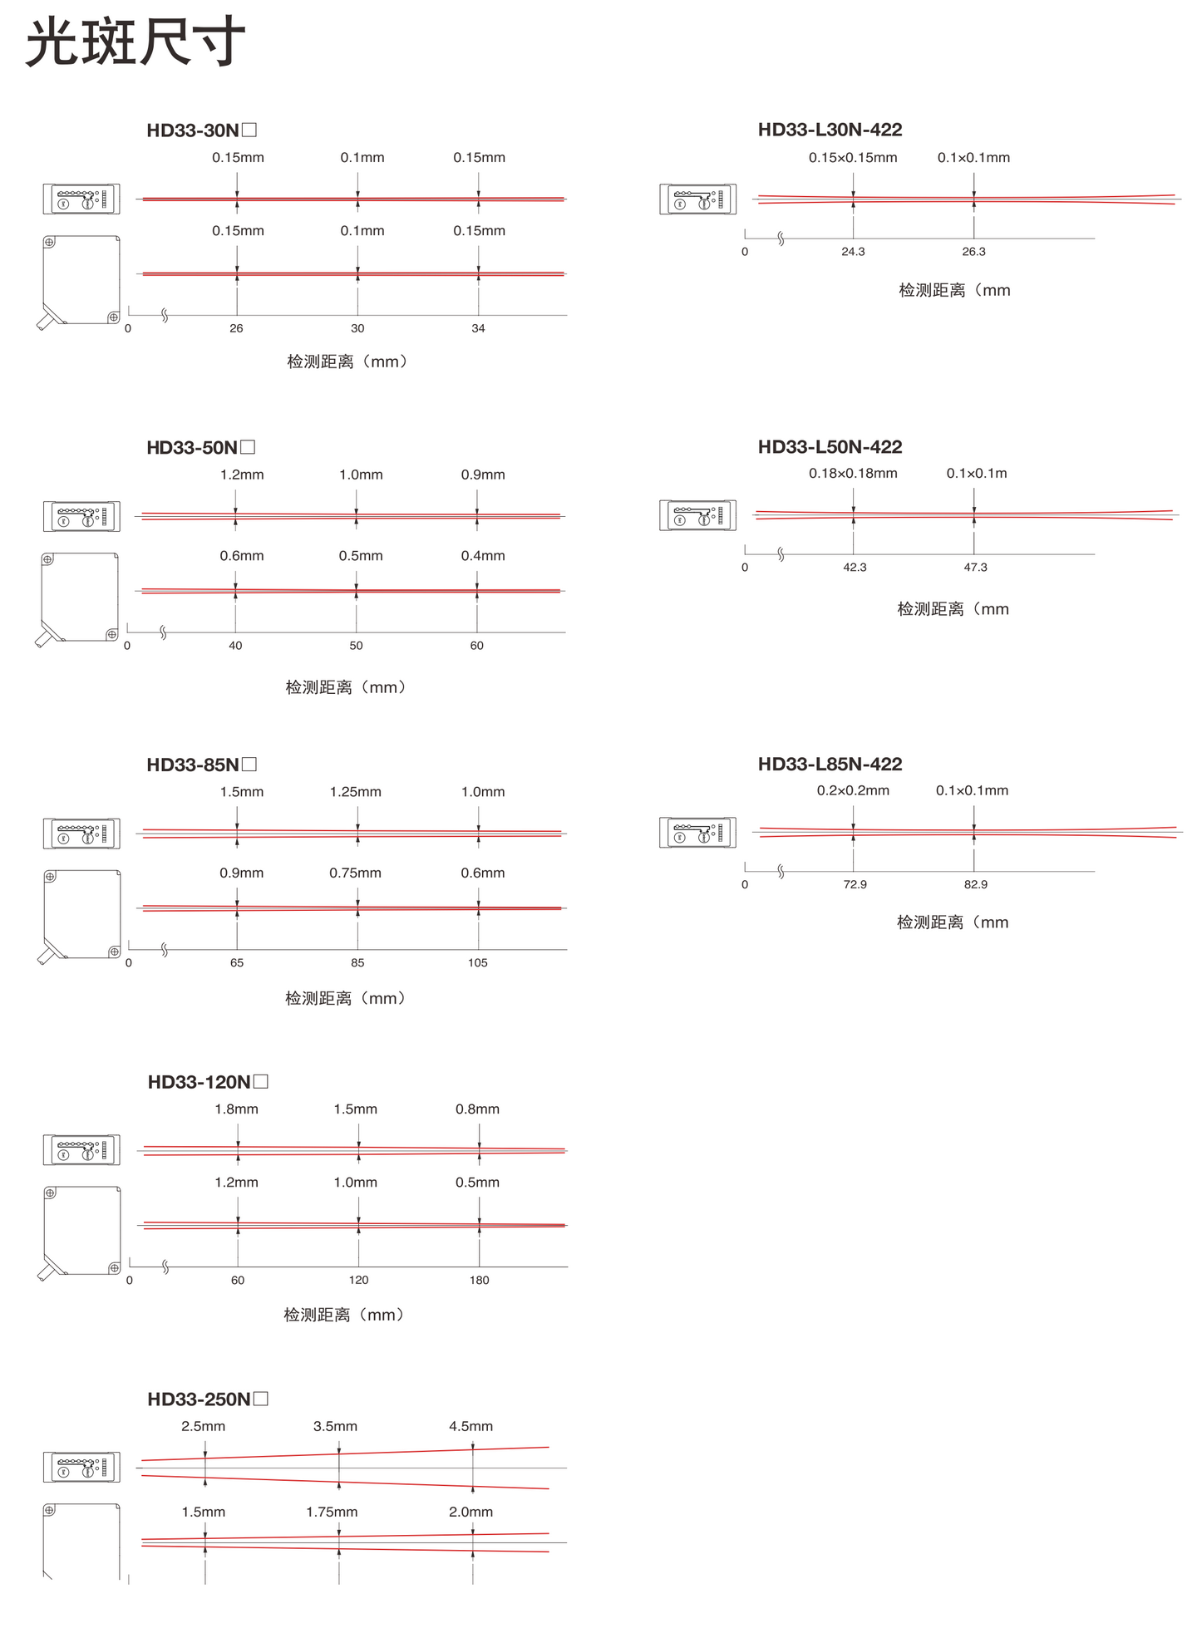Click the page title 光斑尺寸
[135, 42]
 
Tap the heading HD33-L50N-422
[830, 447]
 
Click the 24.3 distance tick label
[853, 252]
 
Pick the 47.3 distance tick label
[975, 568]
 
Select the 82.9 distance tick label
[975, 885]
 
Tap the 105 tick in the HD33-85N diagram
[477, 963]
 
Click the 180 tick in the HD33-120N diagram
[479, 1281]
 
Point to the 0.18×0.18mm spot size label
[853, 474]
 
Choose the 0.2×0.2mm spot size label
[853, 791]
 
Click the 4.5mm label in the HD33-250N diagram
[470, 1427]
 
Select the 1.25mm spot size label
[356, 792]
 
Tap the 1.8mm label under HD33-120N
[236, 1109]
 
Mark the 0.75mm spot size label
[355, 873]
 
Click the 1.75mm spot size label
[332, 1512]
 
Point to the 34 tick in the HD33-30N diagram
[478, 329]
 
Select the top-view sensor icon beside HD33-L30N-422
[698, 199]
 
